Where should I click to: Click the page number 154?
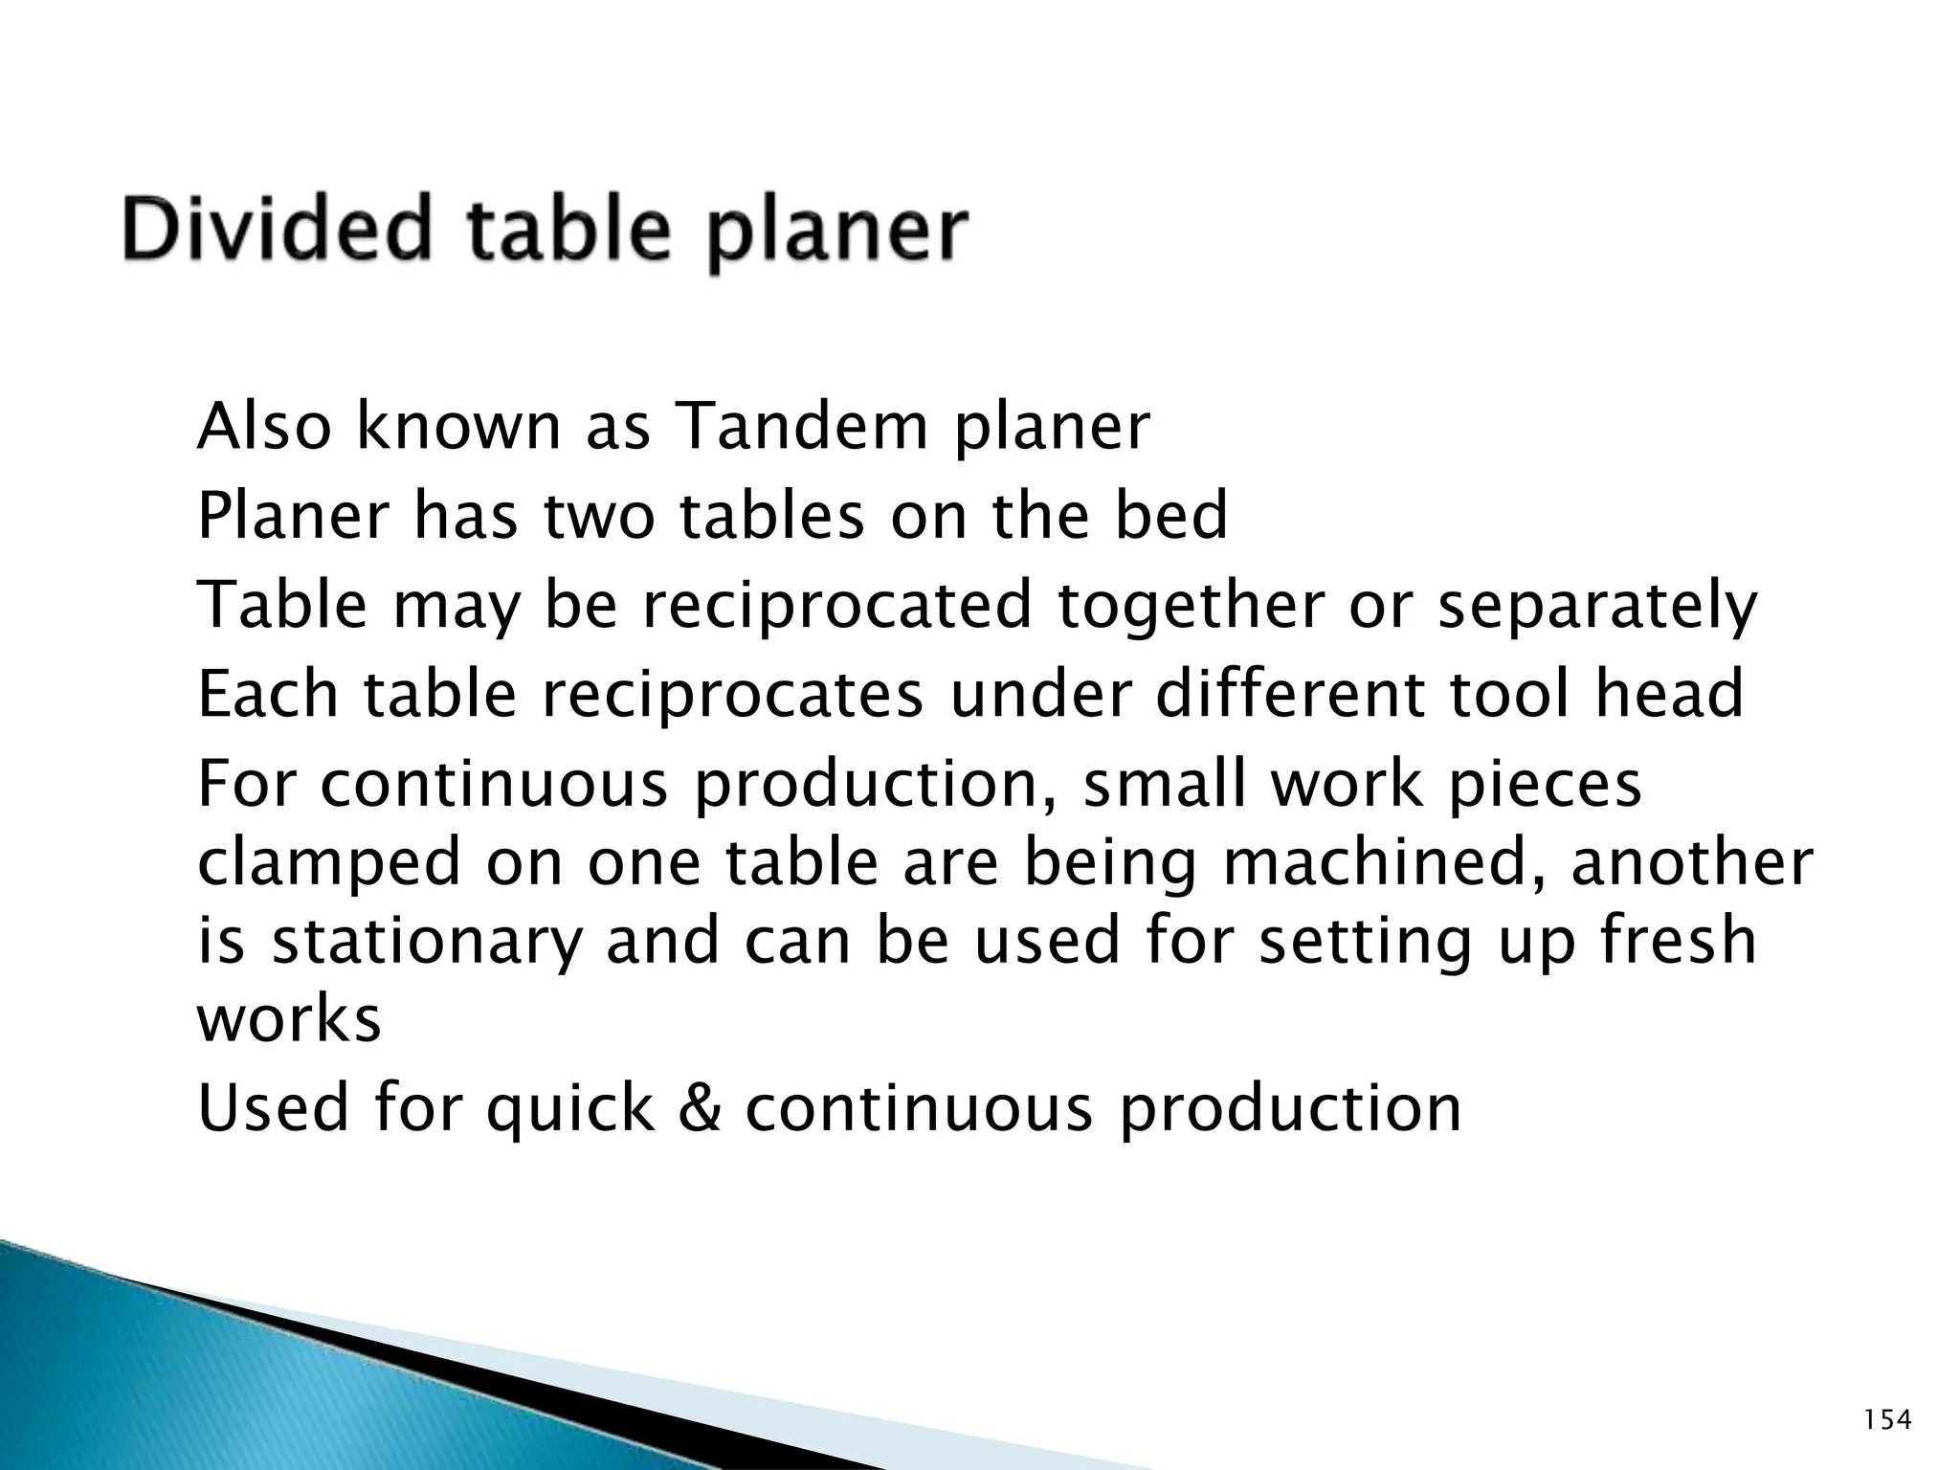coord(1888,1420)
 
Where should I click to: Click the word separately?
coord(1597,607)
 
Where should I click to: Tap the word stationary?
coord(426,943)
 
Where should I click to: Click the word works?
coord(289,1019)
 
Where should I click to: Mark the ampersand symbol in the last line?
coord(703,1108)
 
